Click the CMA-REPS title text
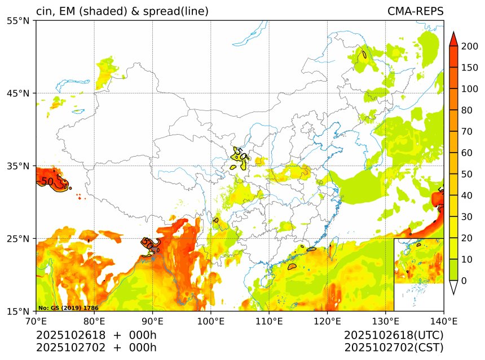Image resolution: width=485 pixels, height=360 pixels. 415,12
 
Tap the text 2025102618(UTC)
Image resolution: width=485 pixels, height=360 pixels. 394,335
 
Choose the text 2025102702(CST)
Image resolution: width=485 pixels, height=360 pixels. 394,348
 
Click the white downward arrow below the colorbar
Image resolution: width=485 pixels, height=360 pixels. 453,287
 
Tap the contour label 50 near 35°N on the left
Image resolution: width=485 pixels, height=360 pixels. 48,181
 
